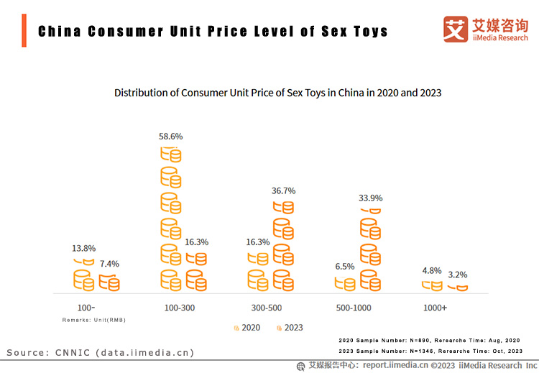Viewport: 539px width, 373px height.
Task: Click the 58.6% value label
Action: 171,136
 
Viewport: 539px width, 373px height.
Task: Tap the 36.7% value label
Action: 283,190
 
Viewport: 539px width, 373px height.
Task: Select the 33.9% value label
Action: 370,198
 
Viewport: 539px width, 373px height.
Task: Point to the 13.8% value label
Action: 83,249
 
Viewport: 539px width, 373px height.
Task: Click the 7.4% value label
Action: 109,264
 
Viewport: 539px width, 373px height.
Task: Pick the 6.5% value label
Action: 345,266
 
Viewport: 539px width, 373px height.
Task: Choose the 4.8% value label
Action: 432,270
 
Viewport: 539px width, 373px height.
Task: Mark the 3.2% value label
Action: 458,275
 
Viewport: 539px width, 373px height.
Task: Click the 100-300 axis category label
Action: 180,308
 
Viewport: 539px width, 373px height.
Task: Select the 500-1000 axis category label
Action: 354,308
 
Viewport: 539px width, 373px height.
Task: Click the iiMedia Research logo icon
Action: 455,29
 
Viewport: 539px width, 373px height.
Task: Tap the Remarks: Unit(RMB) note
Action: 93,319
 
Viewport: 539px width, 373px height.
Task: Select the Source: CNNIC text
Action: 101,352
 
